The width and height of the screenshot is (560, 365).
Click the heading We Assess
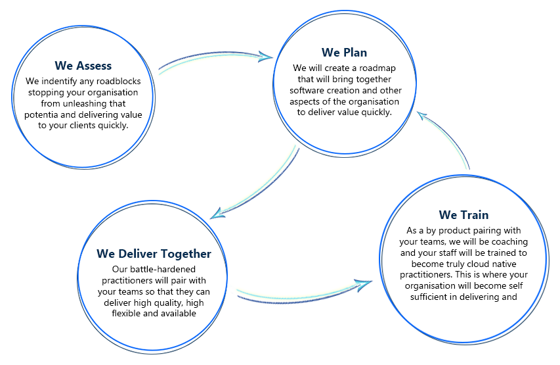pyautogui.click(x=83, y=66)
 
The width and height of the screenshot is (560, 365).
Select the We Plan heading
pyautogui.click(x=344, y=53)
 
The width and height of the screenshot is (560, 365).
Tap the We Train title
pyautogui.click(x=463, y=214)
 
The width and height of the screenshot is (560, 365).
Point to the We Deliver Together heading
pyautogui.click(x=154, y=254)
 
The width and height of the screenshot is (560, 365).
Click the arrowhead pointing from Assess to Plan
pyautogui.click(x=265, y=57)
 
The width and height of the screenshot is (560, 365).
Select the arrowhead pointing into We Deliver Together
pyautogui.click(x=217, y=214)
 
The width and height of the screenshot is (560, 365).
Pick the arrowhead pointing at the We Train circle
pyautogui.click(x=364, y=285)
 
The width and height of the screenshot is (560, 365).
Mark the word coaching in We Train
pyautogui.click(x=509, y=241)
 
